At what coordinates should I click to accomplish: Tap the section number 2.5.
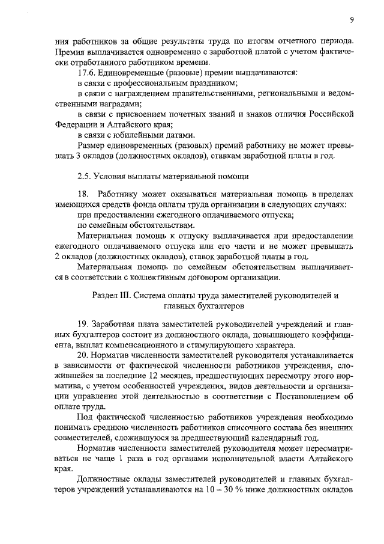[85, 176]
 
